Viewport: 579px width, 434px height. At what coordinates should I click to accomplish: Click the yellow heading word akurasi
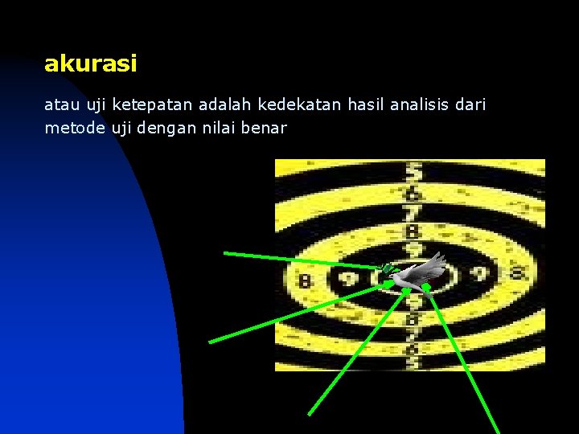pyautogui.click(x=90, y=63)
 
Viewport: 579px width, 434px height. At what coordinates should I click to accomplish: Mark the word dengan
pyautogui.click(x=164, y=129)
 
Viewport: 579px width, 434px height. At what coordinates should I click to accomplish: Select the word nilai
pyautogui.click(x=215, y=128)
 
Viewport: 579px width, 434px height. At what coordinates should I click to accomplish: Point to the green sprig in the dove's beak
pyautogui.click(x=388, y=268)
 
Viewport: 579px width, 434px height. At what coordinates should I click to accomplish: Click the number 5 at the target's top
pyautogui.click(x=414, y=171)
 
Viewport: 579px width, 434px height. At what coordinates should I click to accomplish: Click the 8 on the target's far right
pyautogui.click(x=517, y=272)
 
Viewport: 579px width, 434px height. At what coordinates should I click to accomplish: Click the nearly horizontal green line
pyautogui.click(x=298, y=260)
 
